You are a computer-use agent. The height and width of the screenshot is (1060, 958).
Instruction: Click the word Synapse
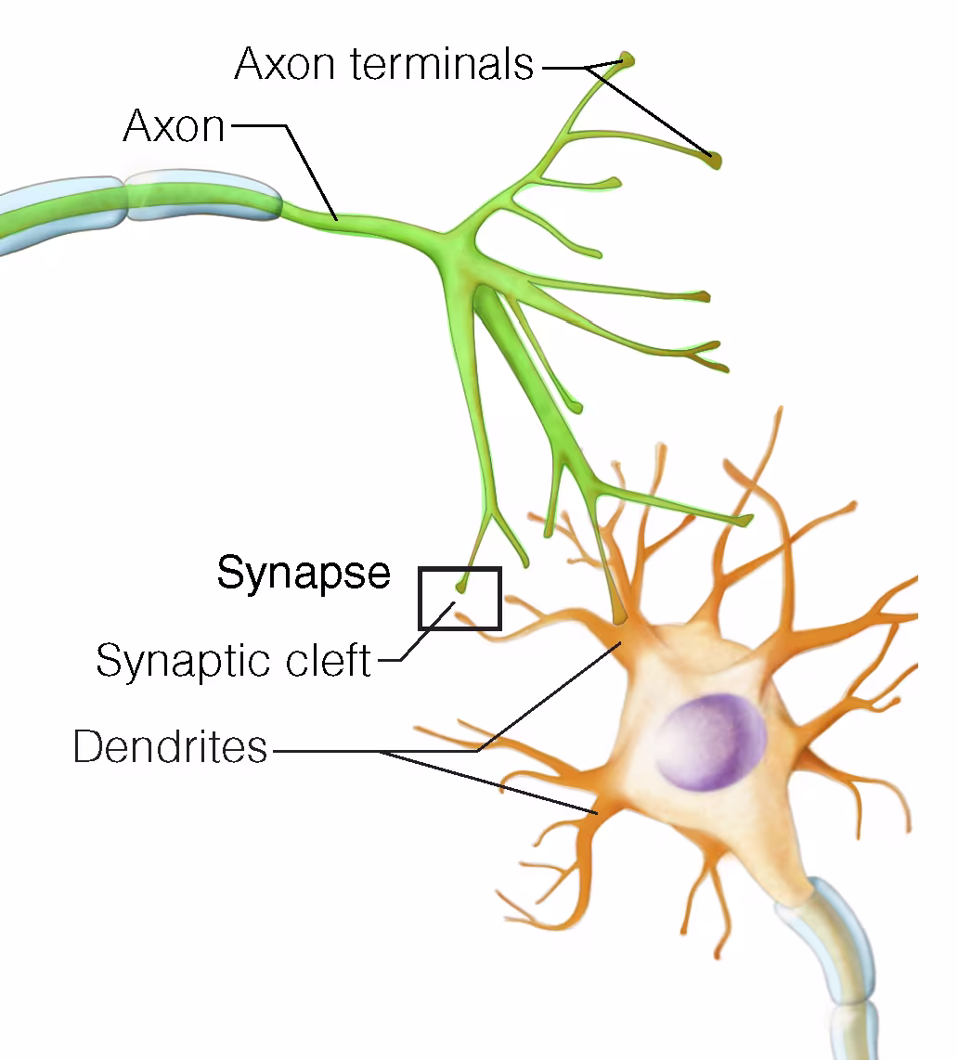(304, 574)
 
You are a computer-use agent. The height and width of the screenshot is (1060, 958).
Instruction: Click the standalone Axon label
(174, 125)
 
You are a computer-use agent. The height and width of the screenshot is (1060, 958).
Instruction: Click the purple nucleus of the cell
(710, 742)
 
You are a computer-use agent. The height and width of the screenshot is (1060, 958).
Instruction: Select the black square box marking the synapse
(460, 599)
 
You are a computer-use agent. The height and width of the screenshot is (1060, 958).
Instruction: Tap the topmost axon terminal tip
(628, 59)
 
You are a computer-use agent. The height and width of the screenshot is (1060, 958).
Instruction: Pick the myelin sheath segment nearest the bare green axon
(202, 195)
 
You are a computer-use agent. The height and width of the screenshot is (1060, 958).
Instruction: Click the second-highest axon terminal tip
(716, 161)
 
